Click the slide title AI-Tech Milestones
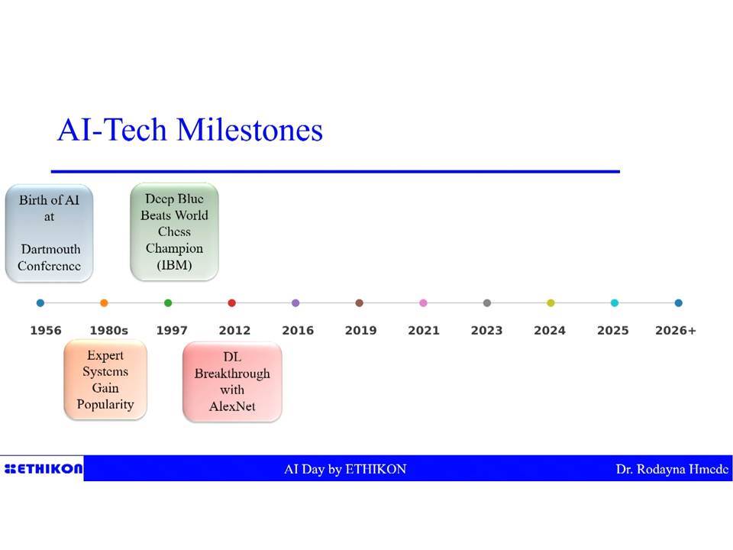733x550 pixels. [190, 130]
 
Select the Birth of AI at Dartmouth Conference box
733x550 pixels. [49, 233]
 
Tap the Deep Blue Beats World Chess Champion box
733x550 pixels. [174, 232]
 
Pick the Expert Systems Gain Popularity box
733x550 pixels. [105, 380]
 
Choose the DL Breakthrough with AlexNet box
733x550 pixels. [232, 382]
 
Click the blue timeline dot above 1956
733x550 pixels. [40, 303]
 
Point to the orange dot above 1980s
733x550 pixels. [105, 303]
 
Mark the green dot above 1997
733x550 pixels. [168, 303]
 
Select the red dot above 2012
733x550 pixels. [232, 303]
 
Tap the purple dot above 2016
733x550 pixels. [295, 303]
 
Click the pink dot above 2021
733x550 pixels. [424, 303]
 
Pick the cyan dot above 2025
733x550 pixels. [615, 303]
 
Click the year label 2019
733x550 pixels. [361, 331]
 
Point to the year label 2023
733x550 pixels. [486, 331]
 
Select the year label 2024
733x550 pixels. [550, 331]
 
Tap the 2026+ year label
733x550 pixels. [676, 331]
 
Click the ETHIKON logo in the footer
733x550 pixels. [44, 468]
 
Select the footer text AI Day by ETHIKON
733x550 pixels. [345, 469]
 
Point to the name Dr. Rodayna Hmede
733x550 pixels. [672, 469]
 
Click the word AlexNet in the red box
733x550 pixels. [232, 406]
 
